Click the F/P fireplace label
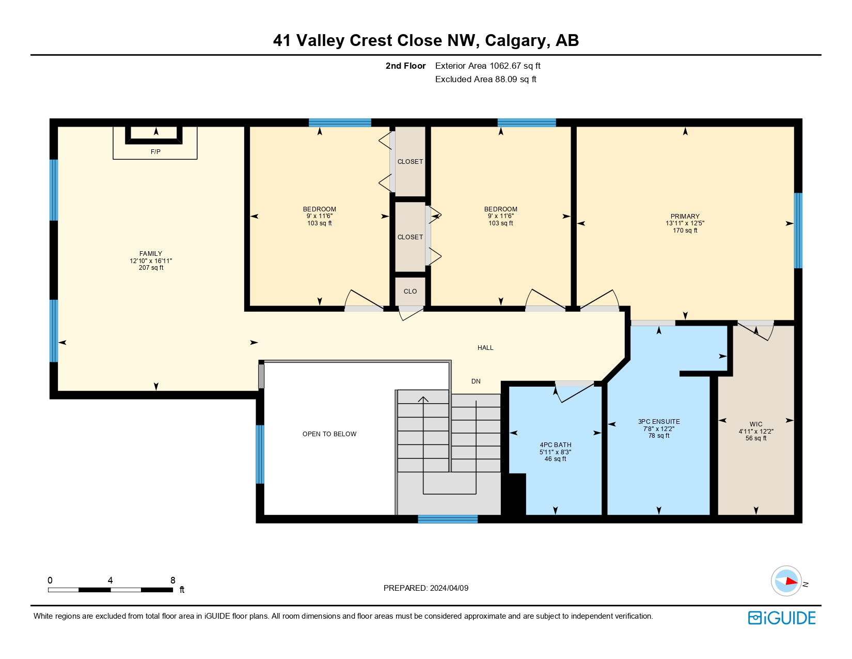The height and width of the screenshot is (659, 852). pyautogui.click(x=155, y=152)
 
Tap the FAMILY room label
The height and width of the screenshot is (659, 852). pyautogui.click(x=151, y=254)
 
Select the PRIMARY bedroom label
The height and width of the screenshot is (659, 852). pyautogui.click(x=685, y=216)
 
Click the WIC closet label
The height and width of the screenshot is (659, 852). pyautogui.click(x=755, y=424)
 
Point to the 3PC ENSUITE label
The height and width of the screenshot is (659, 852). pyautogui.click(x=659, y=422)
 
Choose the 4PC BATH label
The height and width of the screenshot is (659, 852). pyautogui.click(x=555, y=445)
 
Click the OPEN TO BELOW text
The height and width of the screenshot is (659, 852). pyautogui.click(x=329, y=434)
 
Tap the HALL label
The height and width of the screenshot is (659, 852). pyautogui.click(x=485, y=348)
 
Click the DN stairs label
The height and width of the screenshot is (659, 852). pyautogui.click(x=476, y=381)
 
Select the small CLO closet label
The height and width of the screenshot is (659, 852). pyautogui.click(x=410, y=291)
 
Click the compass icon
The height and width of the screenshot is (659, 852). pyautogui.click(x=786, y=581)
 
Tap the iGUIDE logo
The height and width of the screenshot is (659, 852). pyautogui.click(x=781, y=618)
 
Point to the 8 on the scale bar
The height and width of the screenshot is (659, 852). pyautogui.click(x=172, y=580)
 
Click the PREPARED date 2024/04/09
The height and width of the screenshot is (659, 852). pyautogui.click(x=449, y=588)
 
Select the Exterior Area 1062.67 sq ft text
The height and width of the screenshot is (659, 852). pyautogui.click(x=487, y=66)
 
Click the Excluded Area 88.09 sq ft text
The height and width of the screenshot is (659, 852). pyautogui.click(x=485, y=79)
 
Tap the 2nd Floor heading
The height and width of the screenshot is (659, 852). pyautogui.click(x=405, y=66)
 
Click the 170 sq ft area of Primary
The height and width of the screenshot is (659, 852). pyautogui.click(x=685, y=231)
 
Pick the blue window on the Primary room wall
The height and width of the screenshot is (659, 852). pyautogui.click(x=798, y=231)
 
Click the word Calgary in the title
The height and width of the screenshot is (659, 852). pyautogui.click(x=515, y=41)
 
